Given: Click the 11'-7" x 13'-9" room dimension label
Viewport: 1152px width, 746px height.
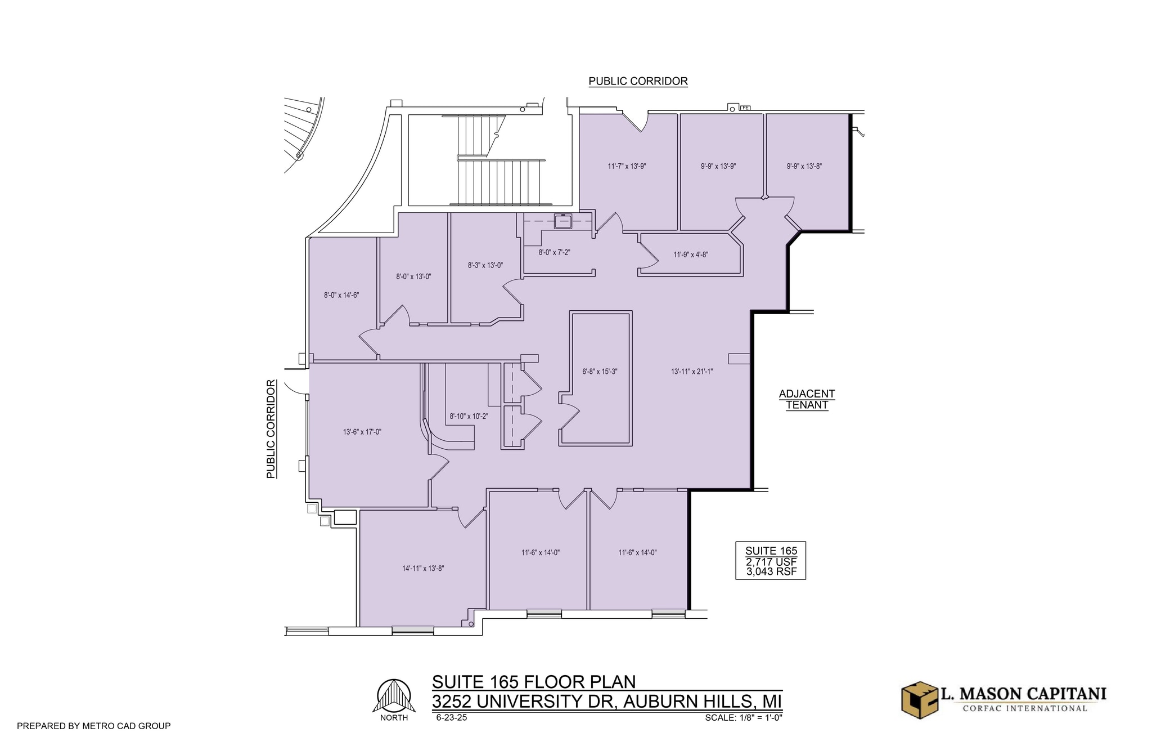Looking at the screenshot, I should tap(627, 166).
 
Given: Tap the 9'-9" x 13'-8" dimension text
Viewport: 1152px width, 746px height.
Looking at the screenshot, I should tap(804, 166).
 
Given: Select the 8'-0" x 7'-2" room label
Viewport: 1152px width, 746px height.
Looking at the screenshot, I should tap(554, 253).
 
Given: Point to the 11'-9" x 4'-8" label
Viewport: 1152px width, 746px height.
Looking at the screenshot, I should tap(690, 254).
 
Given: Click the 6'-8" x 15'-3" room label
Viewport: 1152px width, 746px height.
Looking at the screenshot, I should tap(600, 372).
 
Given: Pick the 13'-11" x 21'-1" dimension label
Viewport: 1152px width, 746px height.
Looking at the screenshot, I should tap(691, 372).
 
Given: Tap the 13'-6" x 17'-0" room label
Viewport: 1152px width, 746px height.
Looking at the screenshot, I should tap(362, 432).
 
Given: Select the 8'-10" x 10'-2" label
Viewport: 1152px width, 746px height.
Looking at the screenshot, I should tap(469, 417).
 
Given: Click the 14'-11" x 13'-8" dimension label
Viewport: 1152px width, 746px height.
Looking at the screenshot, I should tap(422, 569).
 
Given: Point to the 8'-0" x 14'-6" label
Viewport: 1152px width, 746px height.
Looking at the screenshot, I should tap(341, 295).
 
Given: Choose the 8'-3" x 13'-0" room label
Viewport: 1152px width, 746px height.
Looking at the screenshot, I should tap(485, 265).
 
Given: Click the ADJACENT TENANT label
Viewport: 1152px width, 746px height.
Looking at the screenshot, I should tap(807, 399).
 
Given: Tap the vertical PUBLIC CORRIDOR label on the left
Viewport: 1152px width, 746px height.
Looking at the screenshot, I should tap(271, 429).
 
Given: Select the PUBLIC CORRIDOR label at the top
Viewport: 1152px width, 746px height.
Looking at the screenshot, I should tap(638, 81).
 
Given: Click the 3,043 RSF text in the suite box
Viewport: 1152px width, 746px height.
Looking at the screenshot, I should tap(771, 572).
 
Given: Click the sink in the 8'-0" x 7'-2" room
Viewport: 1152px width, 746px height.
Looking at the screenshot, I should tap(562, 222).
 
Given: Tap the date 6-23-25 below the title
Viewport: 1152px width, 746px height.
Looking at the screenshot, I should tap(451, 718).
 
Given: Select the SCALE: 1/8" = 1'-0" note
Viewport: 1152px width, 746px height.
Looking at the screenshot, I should tap(743, 718).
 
